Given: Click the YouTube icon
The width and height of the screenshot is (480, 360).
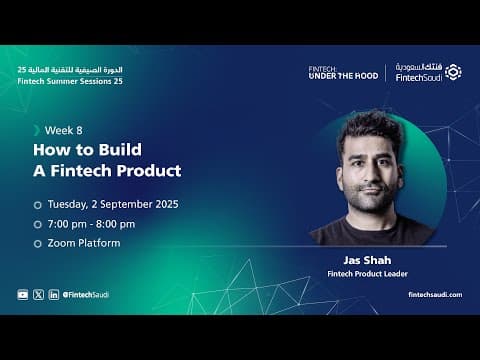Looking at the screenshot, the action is tap(23, 295).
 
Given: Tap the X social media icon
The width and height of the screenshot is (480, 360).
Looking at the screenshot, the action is tap(38, 295).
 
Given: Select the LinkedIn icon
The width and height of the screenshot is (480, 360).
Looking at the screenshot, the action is tap(54, 295).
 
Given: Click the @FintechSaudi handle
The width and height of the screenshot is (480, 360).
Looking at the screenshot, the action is tap(86, 295).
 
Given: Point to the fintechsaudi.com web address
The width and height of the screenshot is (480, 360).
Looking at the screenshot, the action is tap(435, 295).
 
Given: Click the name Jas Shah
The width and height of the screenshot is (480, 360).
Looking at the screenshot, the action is tap(367, 260).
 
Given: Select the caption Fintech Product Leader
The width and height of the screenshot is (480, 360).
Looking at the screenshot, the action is tap(367, 274).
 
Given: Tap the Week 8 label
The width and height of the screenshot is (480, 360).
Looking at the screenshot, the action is tap(63, 130).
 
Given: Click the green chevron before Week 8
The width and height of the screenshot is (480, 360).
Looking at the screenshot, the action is tap(37, 130).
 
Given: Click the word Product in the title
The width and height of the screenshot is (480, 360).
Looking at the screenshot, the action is tap(149, 171).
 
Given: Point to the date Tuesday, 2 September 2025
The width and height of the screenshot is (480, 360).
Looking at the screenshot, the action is tap(113, 204).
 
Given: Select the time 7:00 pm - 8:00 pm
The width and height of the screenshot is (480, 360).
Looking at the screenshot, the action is tap(91, 224).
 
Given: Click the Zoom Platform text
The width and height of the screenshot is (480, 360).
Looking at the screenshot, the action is tap(84, 243).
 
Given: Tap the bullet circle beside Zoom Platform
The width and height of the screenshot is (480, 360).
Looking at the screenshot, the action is tap(38, 244).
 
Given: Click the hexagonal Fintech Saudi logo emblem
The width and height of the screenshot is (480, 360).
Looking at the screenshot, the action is tap(453, 72).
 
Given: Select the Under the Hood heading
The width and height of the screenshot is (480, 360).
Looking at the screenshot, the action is tap(343, 76).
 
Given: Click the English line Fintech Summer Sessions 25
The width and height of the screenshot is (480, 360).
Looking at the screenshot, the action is tap(70, 81).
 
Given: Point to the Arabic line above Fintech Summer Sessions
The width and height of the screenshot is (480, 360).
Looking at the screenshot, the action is tap(70, 70).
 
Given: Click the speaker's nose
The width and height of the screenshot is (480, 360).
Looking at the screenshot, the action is tap(371, 174).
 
